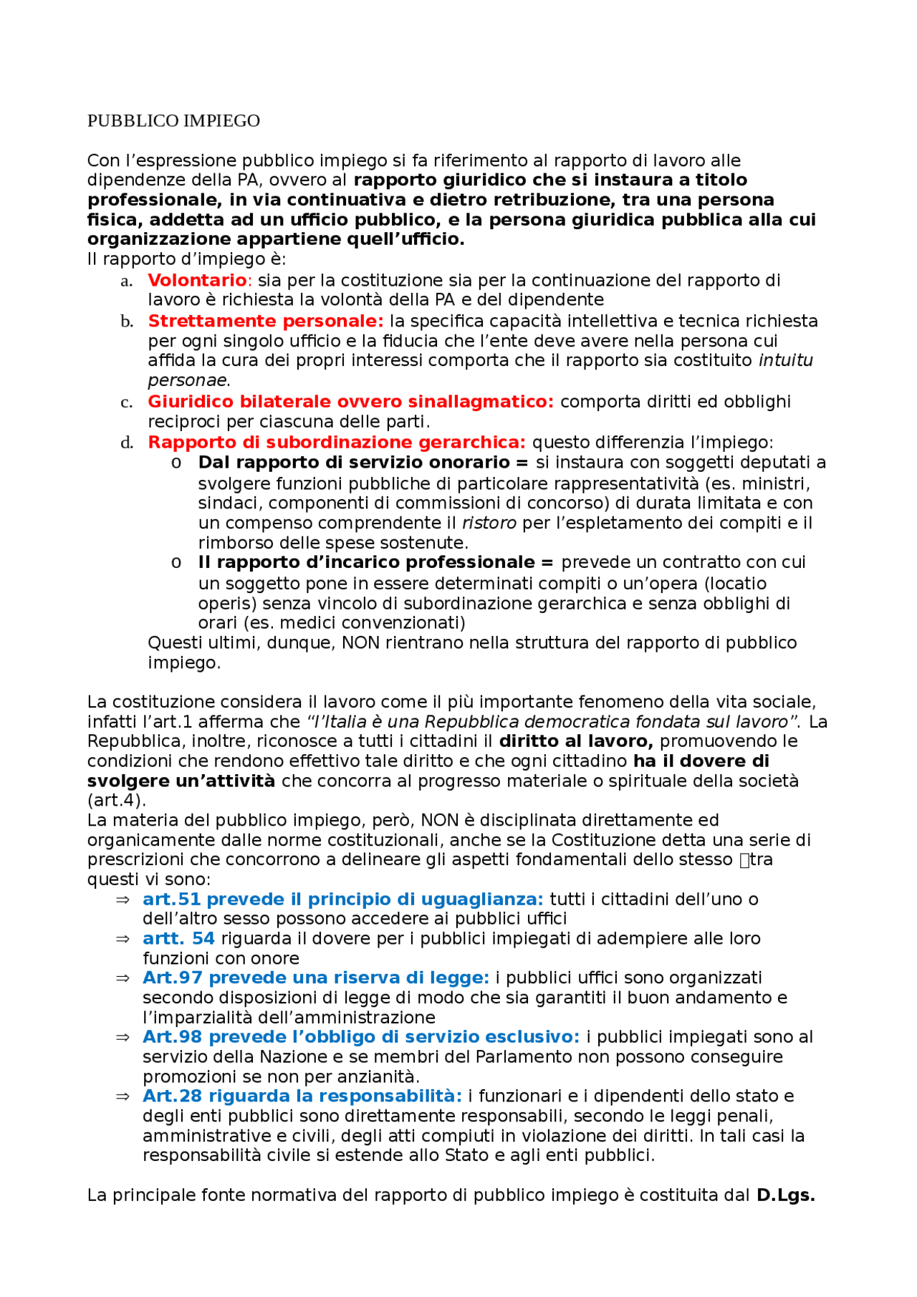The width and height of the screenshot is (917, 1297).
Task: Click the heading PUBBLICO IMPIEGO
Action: [173, 121]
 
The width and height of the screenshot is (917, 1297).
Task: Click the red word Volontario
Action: [197, 280]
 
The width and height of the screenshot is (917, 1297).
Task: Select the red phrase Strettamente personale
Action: [265, 321]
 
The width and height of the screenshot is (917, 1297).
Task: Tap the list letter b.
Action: [127, 322]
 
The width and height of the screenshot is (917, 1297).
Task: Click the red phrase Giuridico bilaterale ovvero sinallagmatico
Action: [350, 402]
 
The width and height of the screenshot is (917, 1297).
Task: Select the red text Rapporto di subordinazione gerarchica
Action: [337, 443]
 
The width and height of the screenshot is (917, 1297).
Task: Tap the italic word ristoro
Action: [489, 523]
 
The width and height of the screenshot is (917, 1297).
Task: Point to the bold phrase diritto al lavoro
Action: [575, 741]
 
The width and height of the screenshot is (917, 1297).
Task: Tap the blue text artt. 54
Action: [178, 939]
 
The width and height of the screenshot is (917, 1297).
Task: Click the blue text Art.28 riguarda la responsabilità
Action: [302, 1096]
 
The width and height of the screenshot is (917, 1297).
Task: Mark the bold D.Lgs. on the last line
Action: [785, 1195]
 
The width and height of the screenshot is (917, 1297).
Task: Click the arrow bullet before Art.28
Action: [123, 1096]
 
